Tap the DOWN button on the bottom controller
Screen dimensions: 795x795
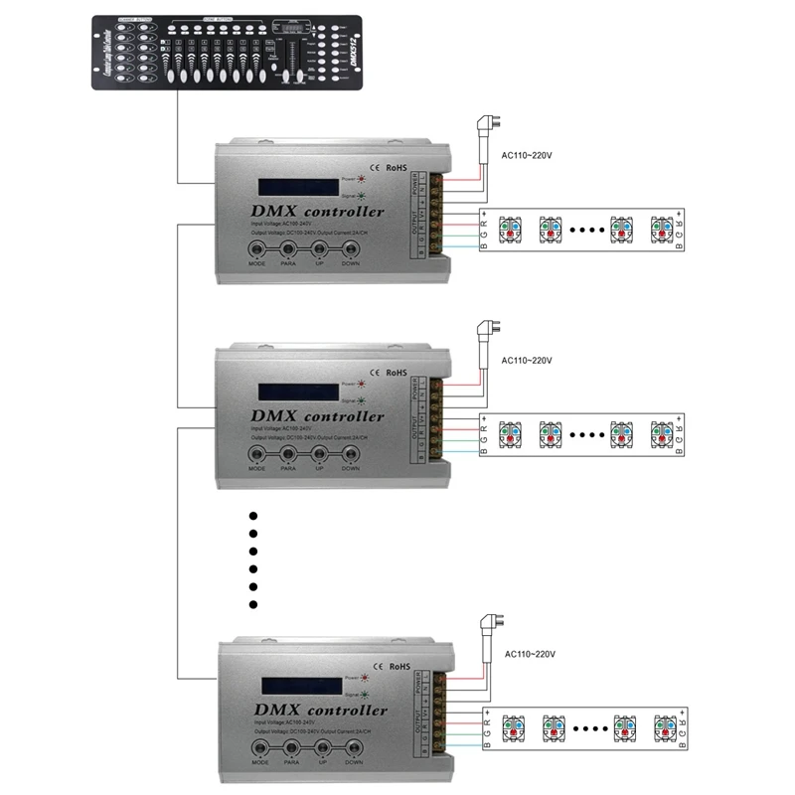click(354, 742)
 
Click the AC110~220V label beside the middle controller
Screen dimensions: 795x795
click(526, 360)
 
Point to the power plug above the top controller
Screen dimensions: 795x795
click(488, 126)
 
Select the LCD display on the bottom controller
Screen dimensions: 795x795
click(298, 687)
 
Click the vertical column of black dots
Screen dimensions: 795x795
click(252, 559)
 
